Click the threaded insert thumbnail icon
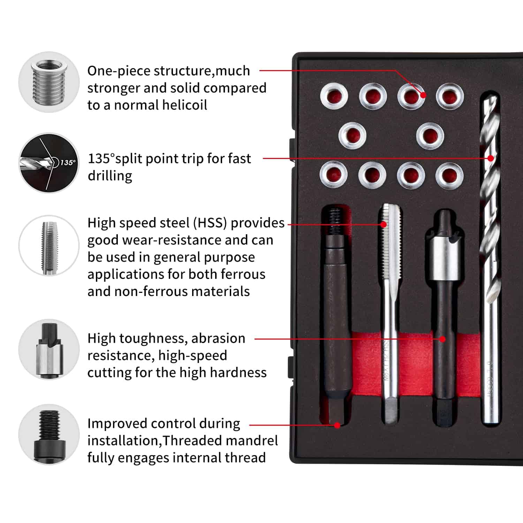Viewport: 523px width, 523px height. click(x=49, y=82)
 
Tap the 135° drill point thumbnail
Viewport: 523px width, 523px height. click(x=49, y=163)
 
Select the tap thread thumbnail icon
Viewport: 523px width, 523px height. click(x=49, y=246)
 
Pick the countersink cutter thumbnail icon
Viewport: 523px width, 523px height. click(x=49, y=350)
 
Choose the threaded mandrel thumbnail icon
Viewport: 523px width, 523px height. click(x=49, y=434)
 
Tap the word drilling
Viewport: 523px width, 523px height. click(x=110, y=176)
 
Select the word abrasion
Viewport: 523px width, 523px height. click(x=218, y=339)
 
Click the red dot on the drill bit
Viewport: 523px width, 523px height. click(x=491, y=158)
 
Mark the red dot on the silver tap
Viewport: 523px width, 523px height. click(x=384, y=225)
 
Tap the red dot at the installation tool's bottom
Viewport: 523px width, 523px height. click(x=337, y=425)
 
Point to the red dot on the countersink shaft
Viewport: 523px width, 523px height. click(x=442, y=339)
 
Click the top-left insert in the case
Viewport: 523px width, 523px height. click(x=334, y=96)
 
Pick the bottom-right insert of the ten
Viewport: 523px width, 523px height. click(x=449, y=175)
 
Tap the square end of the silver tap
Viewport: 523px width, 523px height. click(x=390, y=411)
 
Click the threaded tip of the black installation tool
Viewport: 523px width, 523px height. click(x=335, y=218)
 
